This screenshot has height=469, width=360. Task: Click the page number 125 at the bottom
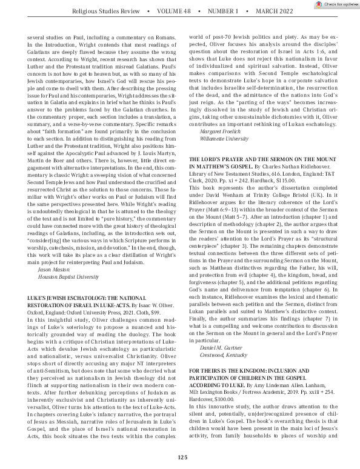(180, 457)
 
